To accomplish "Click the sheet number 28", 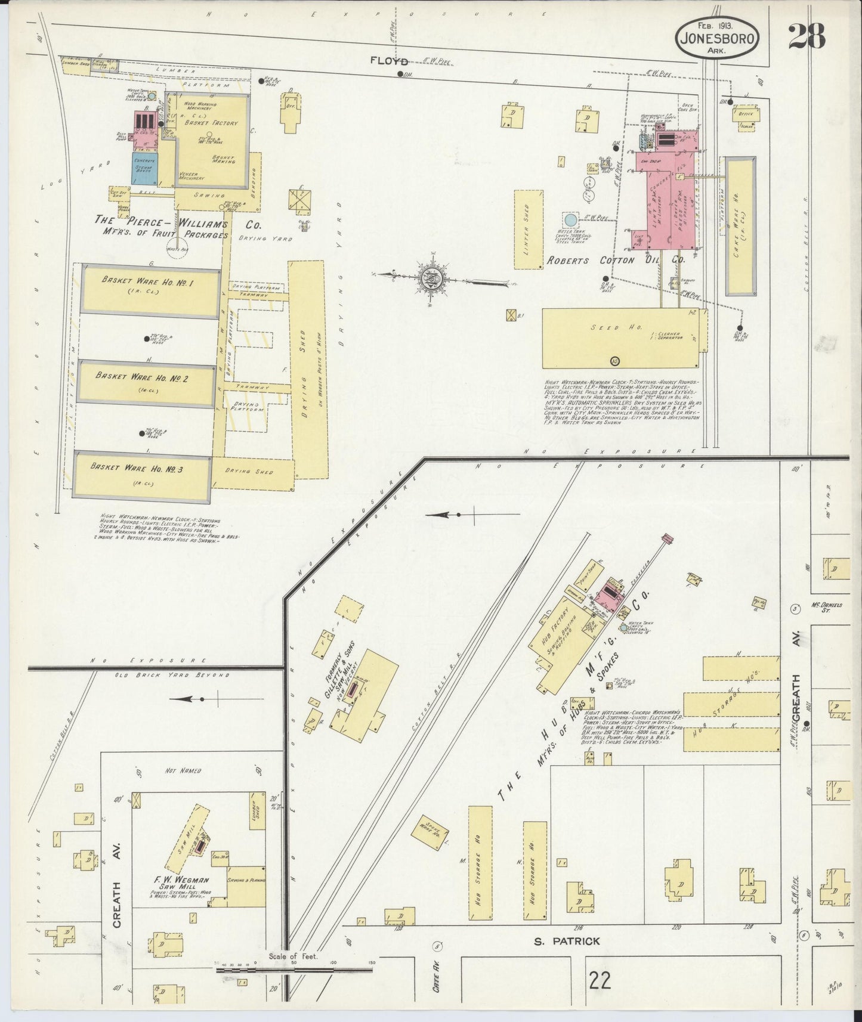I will pos(807,37).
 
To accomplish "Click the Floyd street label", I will pos(388,61).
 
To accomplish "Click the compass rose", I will pos(434,277).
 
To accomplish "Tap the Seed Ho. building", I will pos(620,338).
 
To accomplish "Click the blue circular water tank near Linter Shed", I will pos(570,219).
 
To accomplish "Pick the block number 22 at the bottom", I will pos(598,980).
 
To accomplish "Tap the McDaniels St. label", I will pos(826,607).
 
